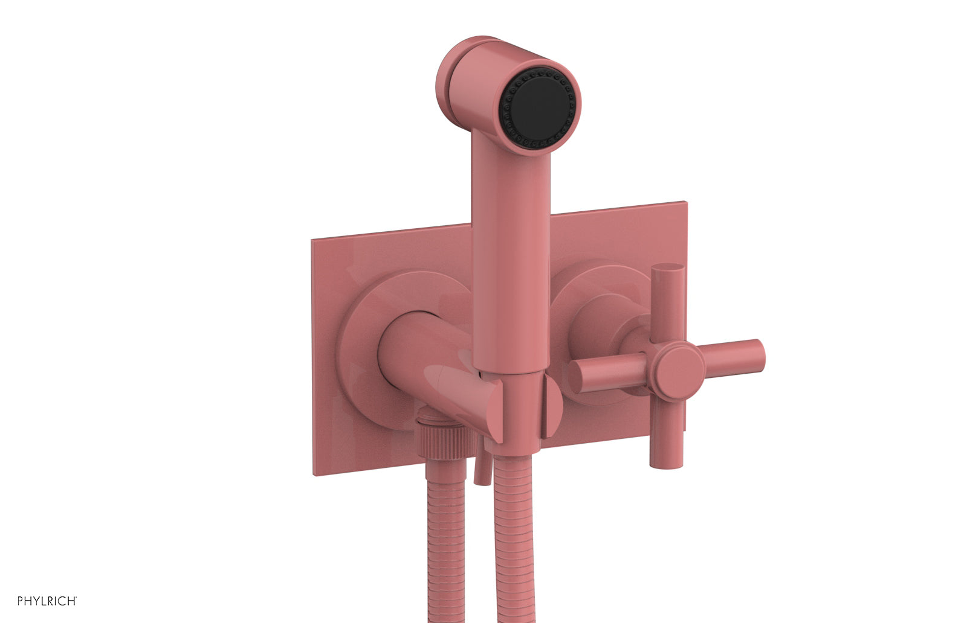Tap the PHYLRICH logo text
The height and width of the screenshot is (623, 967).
point(47,601)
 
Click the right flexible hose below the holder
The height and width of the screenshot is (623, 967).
point(516,543)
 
